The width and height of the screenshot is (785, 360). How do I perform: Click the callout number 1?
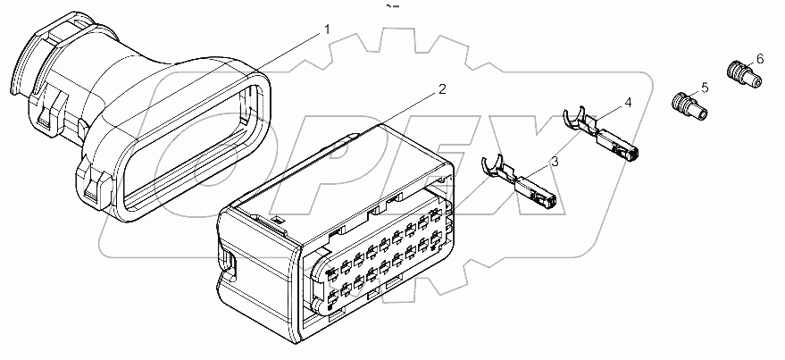coord(326,29)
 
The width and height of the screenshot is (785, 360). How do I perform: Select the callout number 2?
coord(441,89)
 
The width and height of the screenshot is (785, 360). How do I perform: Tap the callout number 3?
coord(555,161)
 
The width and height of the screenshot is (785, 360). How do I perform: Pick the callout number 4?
coord(628,103)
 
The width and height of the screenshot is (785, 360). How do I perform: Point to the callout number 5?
coord(705,88)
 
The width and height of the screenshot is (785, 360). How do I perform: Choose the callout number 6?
coord(759,58)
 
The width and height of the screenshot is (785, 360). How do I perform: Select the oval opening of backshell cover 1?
coord(192,143)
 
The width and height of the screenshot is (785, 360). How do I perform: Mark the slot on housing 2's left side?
coord(230,264)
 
